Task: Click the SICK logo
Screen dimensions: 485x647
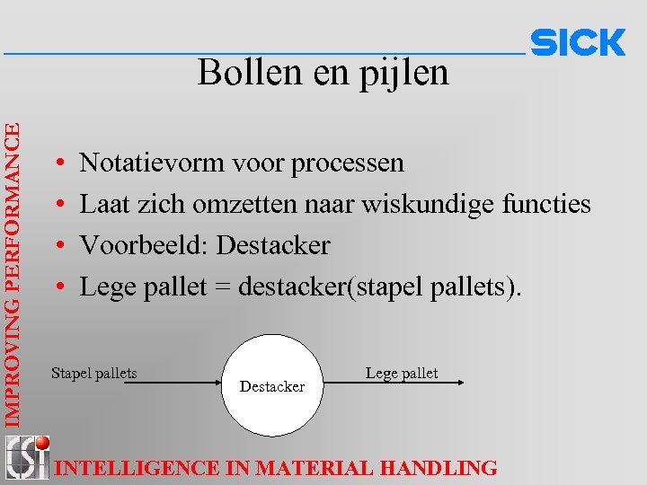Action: (x=578, y=43)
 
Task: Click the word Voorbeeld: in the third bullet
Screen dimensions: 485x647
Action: (x=144, y=245)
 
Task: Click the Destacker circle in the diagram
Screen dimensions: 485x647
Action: (x=272, y=384)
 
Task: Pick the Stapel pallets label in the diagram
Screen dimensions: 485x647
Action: (x=94, y=373)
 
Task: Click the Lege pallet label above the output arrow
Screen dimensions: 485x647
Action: (x=402, y=373)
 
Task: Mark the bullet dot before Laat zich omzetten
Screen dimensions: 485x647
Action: (x=58, y=205)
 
